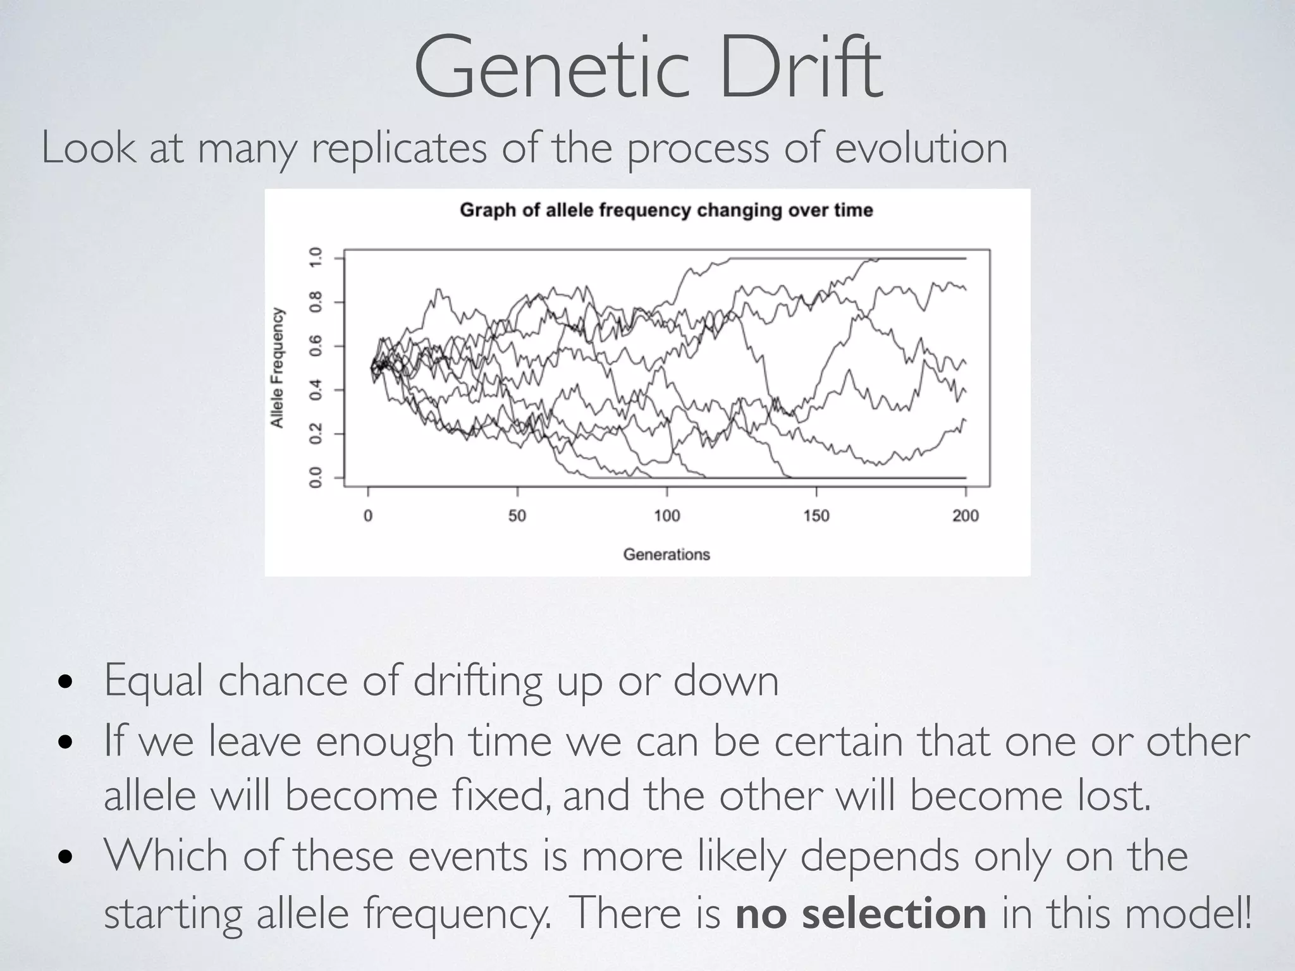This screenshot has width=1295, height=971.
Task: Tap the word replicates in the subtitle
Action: pyautogui.click(x=399, y=149)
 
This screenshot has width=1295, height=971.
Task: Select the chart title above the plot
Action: pyautogui.click(x=666, y=210)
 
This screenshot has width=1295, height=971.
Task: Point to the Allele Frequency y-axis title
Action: pyautogui.click(x=277, y=368)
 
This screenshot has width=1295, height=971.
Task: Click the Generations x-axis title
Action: pyautogui.click(x=666, y=554)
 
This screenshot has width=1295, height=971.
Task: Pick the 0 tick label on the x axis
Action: pyautogui.click(x=368, y=516)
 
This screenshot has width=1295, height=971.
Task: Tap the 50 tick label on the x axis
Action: pyautogui.click(x=517, y=516)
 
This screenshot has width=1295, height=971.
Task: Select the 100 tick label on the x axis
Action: pyautogui.click(x=666, y=516)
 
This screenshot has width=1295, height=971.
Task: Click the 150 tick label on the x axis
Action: pyautogui.click(x=816, y=516)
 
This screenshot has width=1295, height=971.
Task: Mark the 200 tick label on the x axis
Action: pyautogui.click(x=965, y=516)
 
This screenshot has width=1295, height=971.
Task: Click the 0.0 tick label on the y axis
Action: pyautogui.click(x=315, y=477)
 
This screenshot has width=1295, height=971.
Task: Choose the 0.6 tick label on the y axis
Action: pyautogui.click(x=315, y=345)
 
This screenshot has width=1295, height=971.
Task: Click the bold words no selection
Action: pyautogui.click(x=861, y=913)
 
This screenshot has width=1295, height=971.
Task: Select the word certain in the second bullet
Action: pyautogui.click(x=838, y=742)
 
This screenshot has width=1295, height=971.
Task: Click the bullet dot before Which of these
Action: pyautogui.click(x=64, y=858)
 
